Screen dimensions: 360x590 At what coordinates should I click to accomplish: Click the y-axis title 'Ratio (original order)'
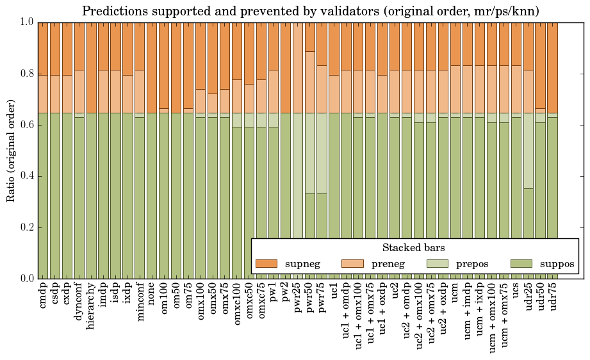[11, 150]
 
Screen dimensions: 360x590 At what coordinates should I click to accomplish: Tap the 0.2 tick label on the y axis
[27, 227]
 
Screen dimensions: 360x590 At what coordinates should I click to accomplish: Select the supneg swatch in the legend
[266, 263]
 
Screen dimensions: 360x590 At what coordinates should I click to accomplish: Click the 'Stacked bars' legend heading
[413, 247]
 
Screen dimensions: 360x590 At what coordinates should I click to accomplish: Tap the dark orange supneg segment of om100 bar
[164, 64]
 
